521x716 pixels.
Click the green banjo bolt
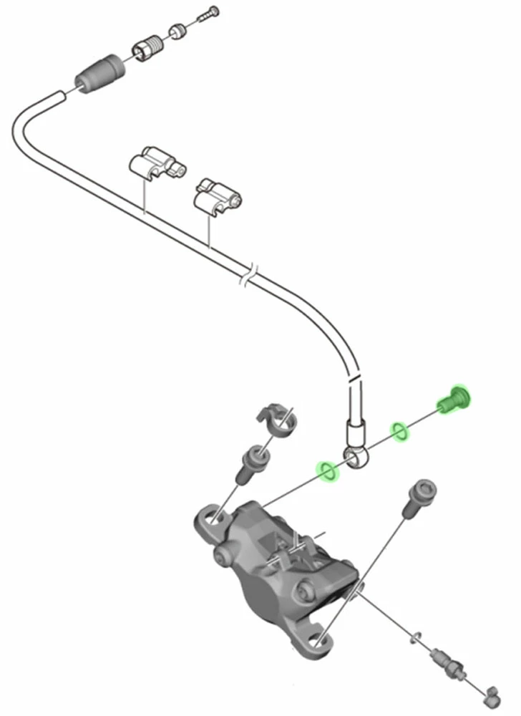[453, 399]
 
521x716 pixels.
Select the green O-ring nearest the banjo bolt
[400, 432]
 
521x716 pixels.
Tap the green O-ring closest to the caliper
[328, 471]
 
